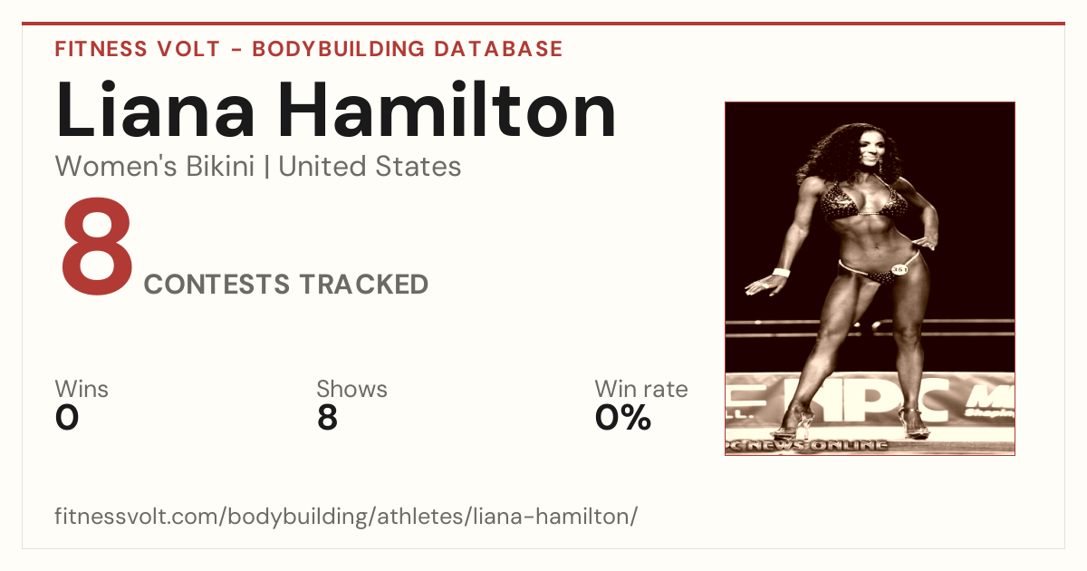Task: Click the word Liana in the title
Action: (x=155, y=110)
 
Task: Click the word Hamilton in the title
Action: (x=447, y=110)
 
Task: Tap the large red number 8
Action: (x=97, y=247)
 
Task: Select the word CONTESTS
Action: (x=216, y=284)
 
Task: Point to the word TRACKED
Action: (x=364, y=284)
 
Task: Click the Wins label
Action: (x=82, y=389)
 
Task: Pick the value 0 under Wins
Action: (x=67, y=418)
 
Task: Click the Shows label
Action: (x=351, y=389)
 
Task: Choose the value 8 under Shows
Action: (x=328, y=418)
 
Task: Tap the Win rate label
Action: (x=641, y=389)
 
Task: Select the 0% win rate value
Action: (x=623, y=418)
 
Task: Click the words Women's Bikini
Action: (x=155, y=167)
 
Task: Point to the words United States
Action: (x=370, y=167)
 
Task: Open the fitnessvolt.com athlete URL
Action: (x=346, y=516)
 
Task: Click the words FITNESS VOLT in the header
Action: (x=138, y=49)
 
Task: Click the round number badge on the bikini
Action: (x=899, y=269)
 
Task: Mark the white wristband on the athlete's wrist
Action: (x=781, y=272)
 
